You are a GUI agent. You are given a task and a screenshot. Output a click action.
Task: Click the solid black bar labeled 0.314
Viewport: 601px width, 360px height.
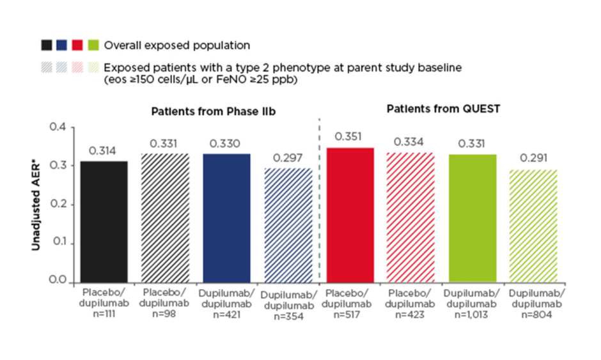(x=104, y=222)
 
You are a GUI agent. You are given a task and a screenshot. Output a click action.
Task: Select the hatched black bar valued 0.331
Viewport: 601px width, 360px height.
(x=165, y=218)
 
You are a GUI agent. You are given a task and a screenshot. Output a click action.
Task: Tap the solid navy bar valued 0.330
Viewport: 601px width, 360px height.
(x=226, y=219)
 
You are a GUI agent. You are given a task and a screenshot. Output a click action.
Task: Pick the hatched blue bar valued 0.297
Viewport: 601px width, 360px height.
(x=288, y=226)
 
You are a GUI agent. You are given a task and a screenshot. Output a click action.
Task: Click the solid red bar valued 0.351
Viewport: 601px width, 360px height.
(x=350, y=215)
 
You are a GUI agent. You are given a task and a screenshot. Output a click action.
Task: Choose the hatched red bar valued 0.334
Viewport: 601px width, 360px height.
(x=410, y=218)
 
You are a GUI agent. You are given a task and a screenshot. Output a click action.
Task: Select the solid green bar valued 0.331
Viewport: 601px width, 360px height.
(x=472, y=219)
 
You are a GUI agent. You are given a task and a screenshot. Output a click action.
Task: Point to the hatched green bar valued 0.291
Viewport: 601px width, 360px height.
(x=533, y=226)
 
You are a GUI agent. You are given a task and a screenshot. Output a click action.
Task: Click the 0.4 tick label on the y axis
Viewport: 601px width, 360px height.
(x=58, y=127)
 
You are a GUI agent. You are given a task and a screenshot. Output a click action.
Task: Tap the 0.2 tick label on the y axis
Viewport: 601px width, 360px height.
(x=58, y=203)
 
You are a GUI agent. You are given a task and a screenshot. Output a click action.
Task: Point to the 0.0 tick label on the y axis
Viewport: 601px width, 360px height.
(x=58, y=280)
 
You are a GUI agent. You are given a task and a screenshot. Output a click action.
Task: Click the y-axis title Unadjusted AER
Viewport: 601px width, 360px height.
(x=36, y=207)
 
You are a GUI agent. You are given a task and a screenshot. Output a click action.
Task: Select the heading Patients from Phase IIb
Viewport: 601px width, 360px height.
(x=214, y=111)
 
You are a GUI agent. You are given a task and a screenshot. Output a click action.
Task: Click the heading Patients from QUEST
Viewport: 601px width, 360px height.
(x=444, y=109)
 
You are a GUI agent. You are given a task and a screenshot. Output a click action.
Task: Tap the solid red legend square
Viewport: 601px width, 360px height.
(x=77, y=45)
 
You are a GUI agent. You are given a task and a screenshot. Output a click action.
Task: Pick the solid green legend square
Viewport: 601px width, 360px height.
(x=93, y=45)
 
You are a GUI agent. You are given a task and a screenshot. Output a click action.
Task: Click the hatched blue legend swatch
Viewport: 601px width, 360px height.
(x=62, y=68)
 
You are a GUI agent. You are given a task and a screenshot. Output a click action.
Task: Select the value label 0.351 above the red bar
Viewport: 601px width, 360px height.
(x=348, y=136)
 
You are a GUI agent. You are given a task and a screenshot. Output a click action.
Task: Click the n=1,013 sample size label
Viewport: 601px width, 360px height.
(x=471, y=315)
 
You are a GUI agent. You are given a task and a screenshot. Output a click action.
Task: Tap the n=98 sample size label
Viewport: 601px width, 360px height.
(x=164, y=313)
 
